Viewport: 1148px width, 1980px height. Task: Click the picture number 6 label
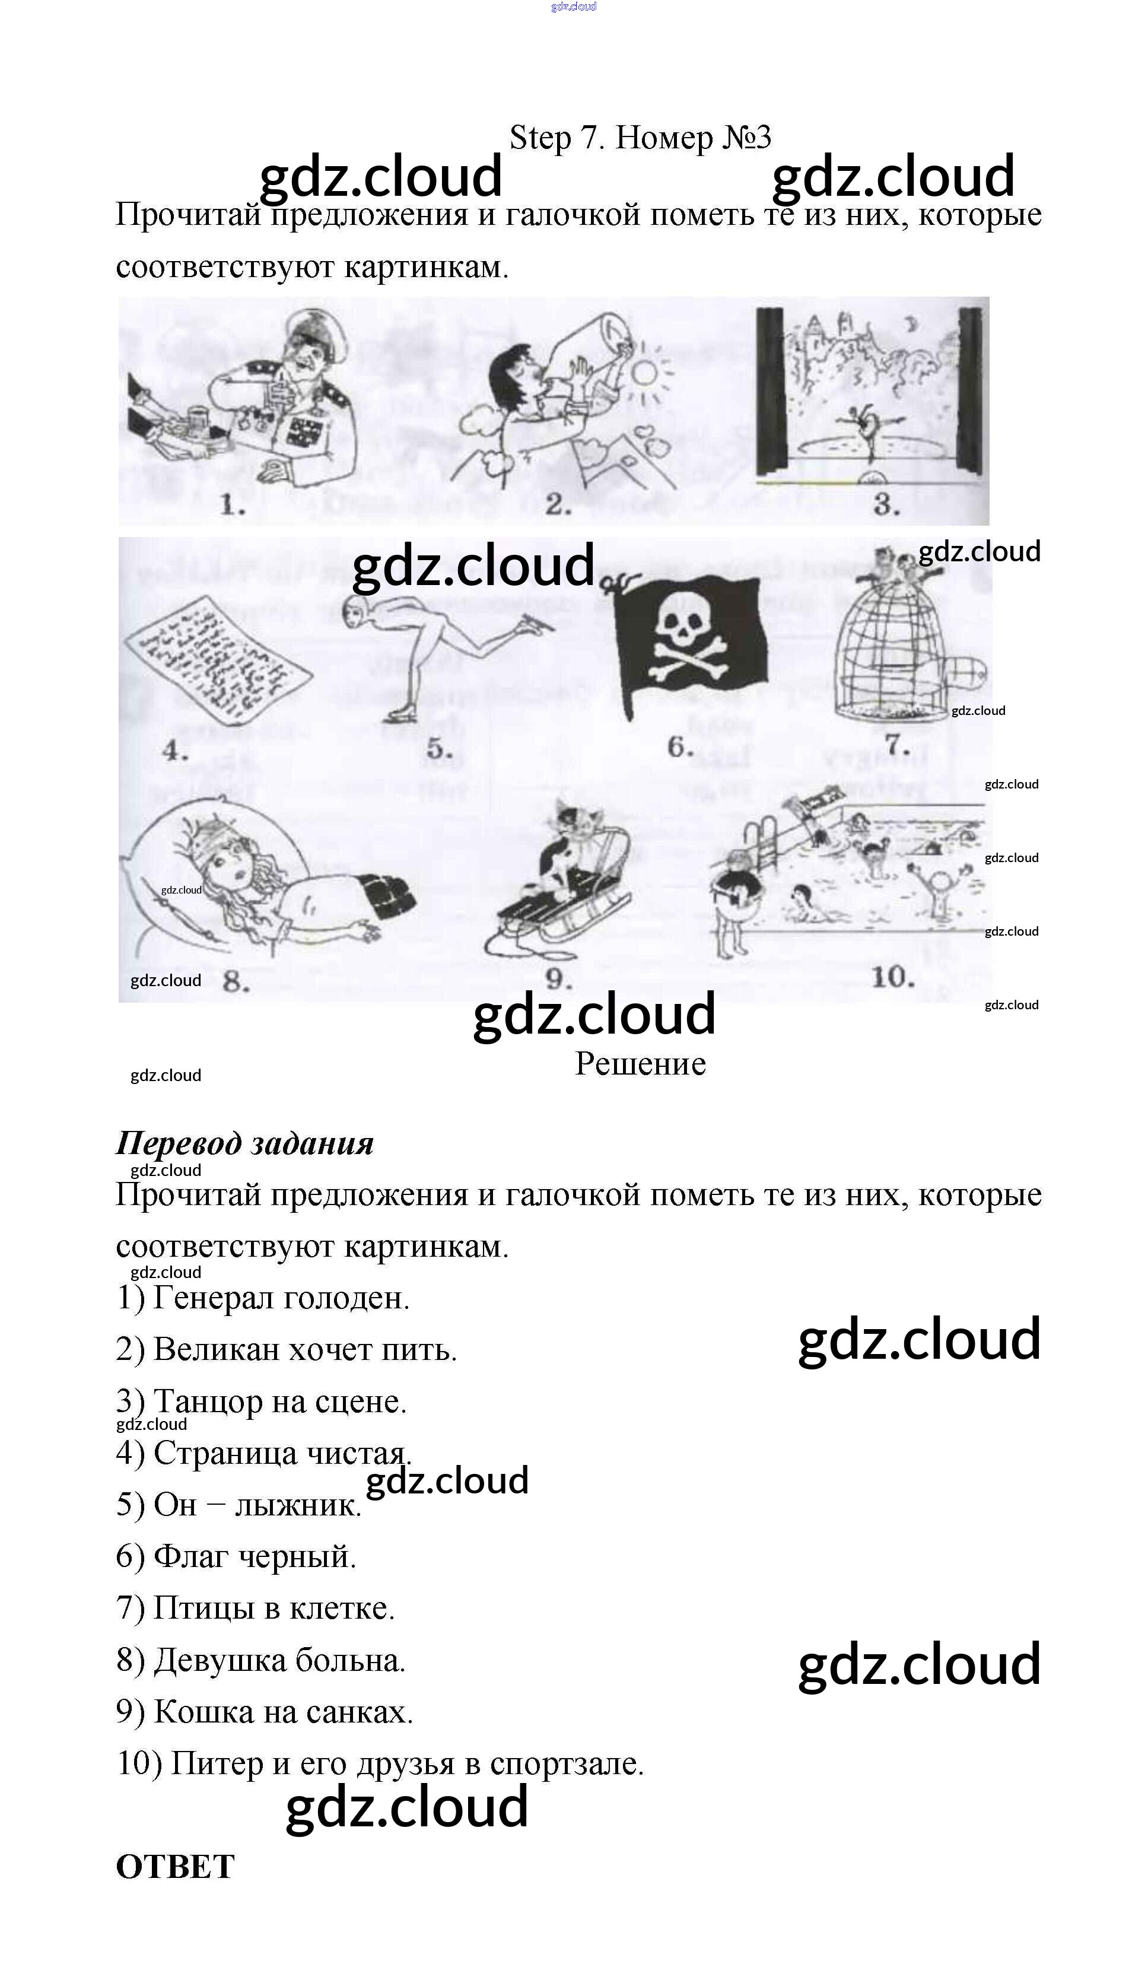(x=680, y=746)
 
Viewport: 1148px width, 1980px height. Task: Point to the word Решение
(x=640, y=1064)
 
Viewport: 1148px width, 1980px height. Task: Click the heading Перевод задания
(x=244, y=1143)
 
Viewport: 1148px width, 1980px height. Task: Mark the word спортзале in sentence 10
(x=567, y=1764)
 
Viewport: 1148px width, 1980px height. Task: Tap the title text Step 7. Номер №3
(x=640, y=138)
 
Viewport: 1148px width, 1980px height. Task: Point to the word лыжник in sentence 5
(x=298, y=1505)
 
